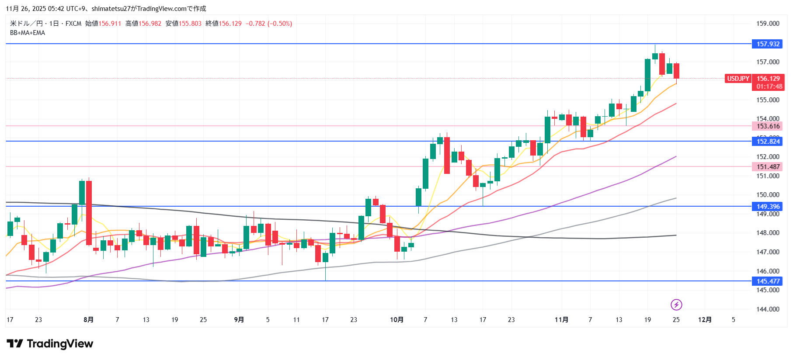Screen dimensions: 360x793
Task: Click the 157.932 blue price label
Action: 768,44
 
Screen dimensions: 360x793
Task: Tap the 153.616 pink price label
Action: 768,126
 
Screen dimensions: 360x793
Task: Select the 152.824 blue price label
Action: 768,142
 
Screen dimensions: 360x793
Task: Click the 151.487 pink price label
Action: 768,167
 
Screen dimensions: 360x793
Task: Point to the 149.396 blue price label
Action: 768,207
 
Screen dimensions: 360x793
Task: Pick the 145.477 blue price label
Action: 768,281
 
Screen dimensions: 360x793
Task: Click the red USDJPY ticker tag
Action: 738,79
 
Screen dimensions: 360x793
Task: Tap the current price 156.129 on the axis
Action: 768,79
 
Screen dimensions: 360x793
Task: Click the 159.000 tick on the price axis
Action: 768,24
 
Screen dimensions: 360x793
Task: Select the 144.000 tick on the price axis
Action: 768,309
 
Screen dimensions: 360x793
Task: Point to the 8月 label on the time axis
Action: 88,320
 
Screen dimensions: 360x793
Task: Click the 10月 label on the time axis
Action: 396,320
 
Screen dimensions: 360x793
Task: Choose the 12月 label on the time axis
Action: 705,320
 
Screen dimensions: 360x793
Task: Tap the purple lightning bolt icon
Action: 676,305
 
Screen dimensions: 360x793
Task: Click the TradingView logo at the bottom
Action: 50,344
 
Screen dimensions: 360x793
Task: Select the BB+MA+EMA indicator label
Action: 28,33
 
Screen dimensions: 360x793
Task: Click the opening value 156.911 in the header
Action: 110,24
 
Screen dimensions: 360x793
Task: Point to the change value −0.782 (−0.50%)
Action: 269,24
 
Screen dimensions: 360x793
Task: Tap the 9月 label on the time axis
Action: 239,320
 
